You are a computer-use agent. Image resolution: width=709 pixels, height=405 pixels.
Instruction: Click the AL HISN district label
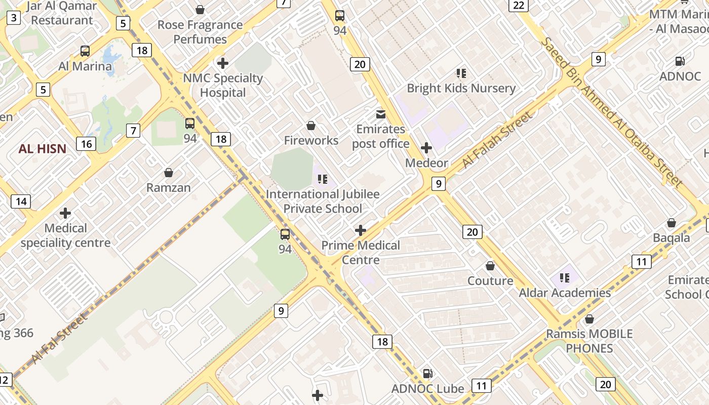point(43,149)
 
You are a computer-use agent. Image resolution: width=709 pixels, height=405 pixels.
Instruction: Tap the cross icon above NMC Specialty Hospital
point(222,63)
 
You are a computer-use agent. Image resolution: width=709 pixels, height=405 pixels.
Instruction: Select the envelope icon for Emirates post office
point(380,114)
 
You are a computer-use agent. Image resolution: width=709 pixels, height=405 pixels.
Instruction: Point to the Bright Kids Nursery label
point(461,88)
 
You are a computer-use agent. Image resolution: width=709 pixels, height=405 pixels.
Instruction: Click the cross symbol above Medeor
point(426,148)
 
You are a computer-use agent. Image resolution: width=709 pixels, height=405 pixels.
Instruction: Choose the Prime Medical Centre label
point(361,253)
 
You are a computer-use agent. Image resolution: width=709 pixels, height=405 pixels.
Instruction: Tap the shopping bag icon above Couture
point(490,266)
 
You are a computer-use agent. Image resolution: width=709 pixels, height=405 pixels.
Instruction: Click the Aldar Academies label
point(565,293)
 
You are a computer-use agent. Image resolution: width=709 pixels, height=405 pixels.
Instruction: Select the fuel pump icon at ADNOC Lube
point(428,374)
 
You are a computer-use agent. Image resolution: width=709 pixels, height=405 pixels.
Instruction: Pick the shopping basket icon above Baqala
point(671,223)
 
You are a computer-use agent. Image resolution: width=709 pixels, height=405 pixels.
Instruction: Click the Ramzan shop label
point(169,187)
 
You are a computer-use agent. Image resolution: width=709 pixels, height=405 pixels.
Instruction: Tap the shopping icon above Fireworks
point(311,126)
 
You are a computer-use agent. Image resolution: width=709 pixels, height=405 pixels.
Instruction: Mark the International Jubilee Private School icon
point(323,179)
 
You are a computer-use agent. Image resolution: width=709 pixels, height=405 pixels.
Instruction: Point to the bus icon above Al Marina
point(85,51)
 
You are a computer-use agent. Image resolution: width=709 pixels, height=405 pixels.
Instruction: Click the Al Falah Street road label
point(498,140)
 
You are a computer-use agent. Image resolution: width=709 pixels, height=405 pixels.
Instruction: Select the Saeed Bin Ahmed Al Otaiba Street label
point(612,112)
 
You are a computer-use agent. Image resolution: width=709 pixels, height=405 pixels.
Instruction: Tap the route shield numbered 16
point(86,144)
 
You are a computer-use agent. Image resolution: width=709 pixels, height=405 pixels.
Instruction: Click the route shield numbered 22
point(518,6)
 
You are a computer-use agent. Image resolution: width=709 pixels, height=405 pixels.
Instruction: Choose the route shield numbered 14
point(21,201)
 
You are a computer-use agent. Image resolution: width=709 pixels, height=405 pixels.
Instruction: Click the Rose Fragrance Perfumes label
point(200,32)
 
